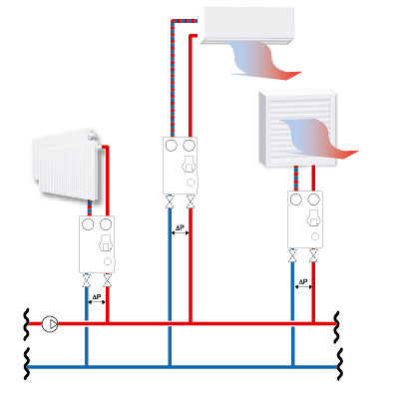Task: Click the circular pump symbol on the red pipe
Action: pyautogui.click(x=50, y=324)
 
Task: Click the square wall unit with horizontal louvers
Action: pyautogui.click(x=294, y=125)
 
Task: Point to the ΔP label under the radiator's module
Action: pyautogui.click(x=97, y=297)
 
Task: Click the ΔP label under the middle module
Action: pyautogui.click(x=180, y=229)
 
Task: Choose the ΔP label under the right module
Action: pyautogui.click(x=303, y=283)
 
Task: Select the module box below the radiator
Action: pyautogui.click(x=97, y=244)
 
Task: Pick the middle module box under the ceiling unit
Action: pyautogui.click(x=180, y=165)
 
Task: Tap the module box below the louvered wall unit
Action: pyautogui.click(x=303, y=218)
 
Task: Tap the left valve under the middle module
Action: pyautogui.click(x=169, y=206)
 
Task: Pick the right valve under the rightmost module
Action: pyautogui.click(x=314, y=256)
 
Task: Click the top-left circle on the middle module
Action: pyautogui.click(x=170, y=146)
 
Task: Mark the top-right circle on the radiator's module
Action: pyautogui.click(x=106, y=225)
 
